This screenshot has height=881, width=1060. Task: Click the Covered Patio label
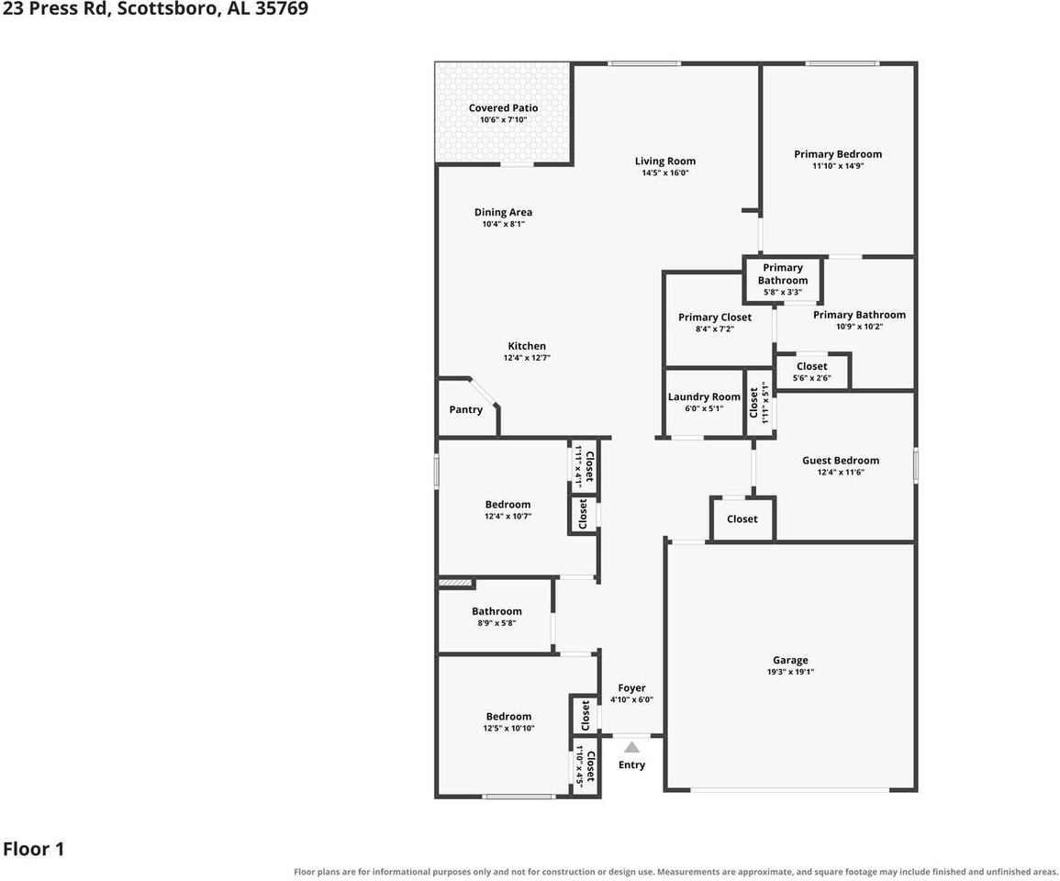504,108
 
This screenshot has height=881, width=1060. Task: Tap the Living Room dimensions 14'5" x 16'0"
665,173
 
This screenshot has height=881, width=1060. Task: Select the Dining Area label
503,212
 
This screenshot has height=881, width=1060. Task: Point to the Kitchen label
527,346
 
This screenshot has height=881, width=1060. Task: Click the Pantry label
466,409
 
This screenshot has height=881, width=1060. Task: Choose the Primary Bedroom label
838,154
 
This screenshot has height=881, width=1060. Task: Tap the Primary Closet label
715,318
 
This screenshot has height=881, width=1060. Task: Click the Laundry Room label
704,396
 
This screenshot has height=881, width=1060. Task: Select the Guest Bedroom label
841,461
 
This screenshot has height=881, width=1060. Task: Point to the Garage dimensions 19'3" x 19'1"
790,672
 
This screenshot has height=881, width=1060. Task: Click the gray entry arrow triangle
631,747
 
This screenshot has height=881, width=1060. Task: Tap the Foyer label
631,688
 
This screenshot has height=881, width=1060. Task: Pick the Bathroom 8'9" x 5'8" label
497,616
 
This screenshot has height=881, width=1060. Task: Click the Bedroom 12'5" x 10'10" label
508,721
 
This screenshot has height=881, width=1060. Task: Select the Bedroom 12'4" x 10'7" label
508,510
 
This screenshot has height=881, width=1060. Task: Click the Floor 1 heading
33,849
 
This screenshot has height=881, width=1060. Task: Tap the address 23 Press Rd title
155,9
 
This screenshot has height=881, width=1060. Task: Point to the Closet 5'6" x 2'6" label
812,371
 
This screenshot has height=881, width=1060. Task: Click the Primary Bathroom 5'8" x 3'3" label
783,280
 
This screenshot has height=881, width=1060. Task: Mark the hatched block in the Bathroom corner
454,582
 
